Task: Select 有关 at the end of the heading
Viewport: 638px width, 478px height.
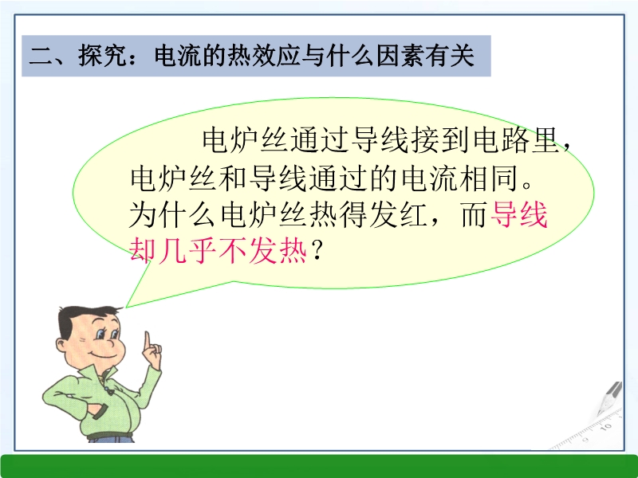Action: pos(450,56)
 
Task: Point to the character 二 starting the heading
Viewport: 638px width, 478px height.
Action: pos(41,57)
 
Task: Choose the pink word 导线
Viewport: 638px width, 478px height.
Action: pos(519,214)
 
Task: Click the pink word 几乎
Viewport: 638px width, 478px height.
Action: pos(187,250)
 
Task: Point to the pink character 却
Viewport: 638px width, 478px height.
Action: pos(143,250)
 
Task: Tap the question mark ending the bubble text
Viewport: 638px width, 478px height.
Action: pos(316,250)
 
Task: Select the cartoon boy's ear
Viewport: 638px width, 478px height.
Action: pos(62,345)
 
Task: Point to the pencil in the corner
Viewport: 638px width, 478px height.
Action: pos(609,398)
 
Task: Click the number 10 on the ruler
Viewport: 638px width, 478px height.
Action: pos(606,427)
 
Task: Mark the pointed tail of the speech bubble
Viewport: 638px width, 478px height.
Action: pos(126,308)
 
